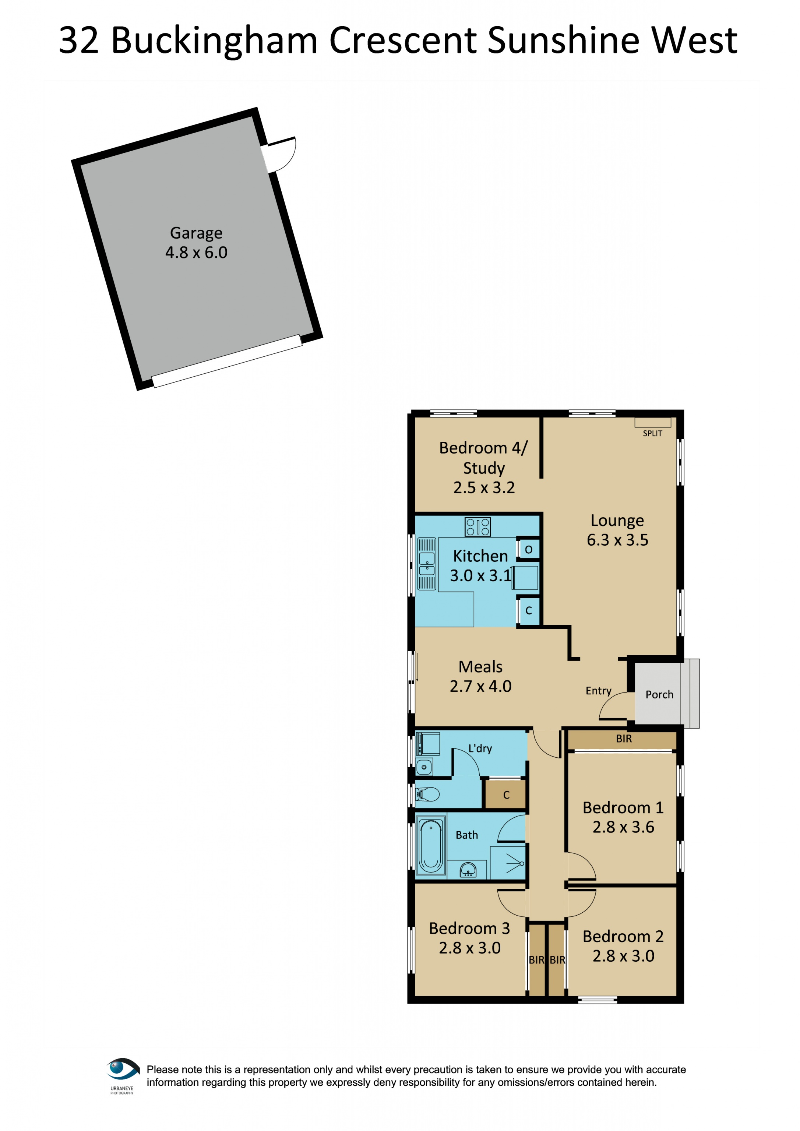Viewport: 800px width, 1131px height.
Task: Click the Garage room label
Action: click(196, 233)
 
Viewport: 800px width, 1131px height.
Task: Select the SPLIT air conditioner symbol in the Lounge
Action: click(652, 422)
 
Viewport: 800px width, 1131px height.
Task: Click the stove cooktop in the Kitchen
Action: click(478, 526)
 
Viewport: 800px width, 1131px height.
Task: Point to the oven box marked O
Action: click(529, 550)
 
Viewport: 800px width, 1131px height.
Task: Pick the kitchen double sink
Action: click(427, 564)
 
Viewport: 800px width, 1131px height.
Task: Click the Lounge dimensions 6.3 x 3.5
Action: click(617, 540)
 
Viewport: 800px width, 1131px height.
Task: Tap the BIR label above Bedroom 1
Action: click(624, 739)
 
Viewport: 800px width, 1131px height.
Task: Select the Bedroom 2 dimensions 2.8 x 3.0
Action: click(623, 956)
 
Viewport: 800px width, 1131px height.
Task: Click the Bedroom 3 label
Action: click(469, 928)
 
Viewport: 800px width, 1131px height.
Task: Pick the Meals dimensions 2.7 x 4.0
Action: click(480, 686)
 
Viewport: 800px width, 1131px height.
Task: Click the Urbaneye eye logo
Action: click(122, 1069)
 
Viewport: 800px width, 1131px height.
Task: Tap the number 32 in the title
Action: click(79, 40)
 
